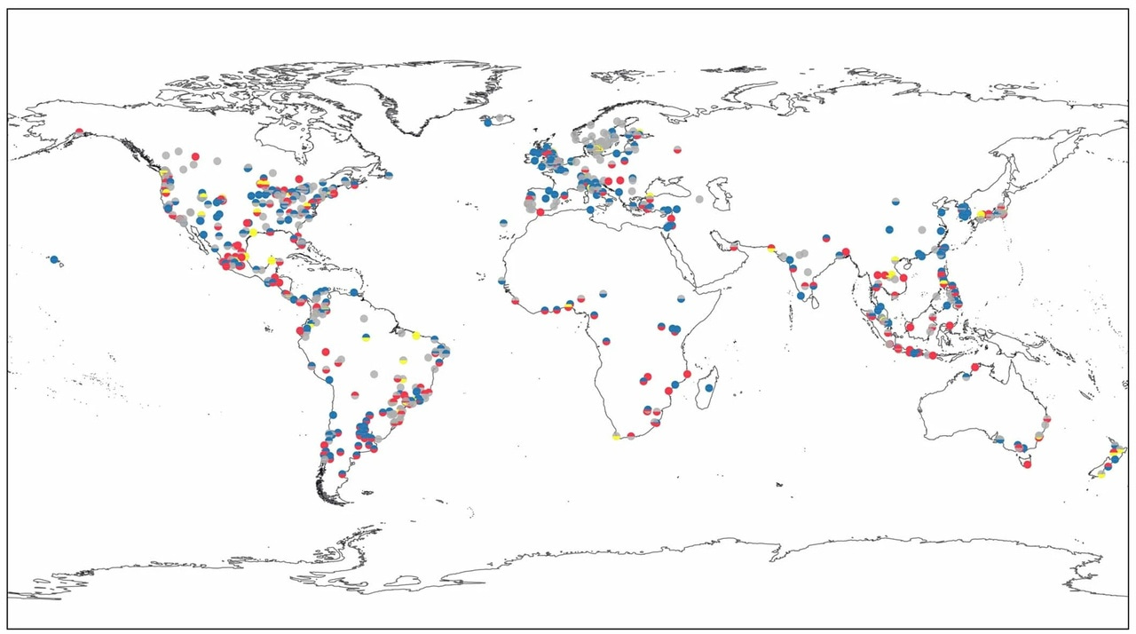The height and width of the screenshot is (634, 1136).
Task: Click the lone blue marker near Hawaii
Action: [x=54, y=259]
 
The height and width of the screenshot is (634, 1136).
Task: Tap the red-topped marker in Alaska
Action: [x=80, y=132]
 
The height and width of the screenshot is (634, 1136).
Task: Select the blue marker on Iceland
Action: [x=488, y=123]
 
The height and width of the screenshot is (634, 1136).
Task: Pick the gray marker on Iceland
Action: [x=500, y=118]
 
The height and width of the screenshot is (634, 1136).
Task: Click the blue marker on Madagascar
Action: [x=709, y=387]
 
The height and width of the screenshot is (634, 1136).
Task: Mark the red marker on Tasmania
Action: [x=1028, y=464]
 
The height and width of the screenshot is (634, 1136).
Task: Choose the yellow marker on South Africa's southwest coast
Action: [x=616, y=436]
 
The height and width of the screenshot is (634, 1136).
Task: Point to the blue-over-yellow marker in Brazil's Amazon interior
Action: [x=365, y=337]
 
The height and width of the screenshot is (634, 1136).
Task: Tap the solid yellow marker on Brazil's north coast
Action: [x=415, y=335]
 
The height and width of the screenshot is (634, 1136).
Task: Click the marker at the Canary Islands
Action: [x=503, y=223]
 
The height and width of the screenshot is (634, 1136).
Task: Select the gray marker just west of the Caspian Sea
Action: [x=699, y=199]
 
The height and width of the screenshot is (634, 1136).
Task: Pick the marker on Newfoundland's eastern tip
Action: [x=389, y=176]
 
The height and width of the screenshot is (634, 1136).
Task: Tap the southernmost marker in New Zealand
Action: [x=1100, y=474]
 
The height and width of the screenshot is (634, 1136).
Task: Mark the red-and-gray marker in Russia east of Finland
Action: [x=677, y=149]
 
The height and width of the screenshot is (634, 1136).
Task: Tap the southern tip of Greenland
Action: [x=414, y=133]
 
